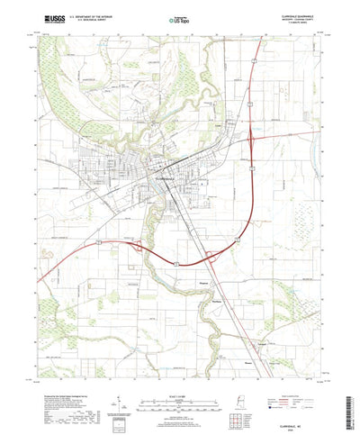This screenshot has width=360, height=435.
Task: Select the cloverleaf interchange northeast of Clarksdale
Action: (x=253, y=139)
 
